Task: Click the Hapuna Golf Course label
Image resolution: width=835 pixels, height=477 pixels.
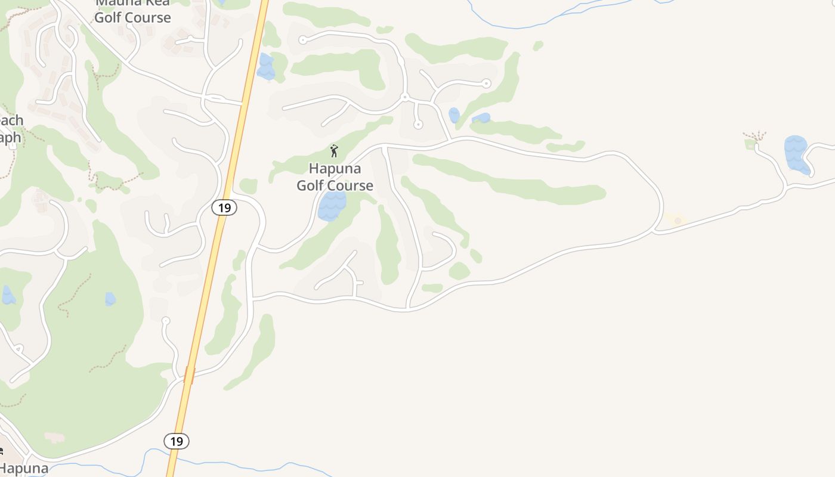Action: click(x=335, y=177)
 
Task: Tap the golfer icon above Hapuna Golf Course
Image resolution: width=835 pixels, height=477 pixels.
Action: click(x=334, y=151)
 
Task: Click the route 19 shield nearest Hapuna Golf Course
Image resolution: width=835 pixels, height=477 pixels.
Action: click(x=224, y=207)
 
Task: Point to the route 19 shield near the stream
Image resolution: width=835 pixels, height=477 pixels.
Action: click(x=177, y=441)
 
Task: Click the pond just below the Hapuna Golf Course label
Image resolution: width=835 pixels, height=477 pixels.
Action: click(x=332, y=206)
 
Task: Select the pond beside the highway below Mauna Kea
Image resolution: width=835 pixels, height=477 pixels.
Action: click(x=266, y=67)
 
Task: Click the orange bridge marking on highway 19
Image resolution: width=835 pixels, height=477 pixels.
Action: click(x=189, y=375)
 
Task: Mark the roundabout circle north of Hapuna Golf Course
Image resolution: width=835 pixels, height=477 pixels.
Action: click(x=404, y=97)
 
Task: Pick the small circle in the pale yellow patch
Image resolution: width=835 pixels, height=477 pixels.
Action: click(x=678, y=221)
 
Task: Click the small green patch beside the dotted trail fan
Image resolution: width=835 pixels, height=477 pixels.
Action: click(x=750, y=144)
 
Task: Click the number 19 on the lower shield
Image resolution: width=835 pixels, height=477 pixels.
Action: click(x=177, y=441)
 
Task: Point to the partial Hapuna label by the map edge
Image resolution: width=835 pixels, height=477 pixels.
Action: click(x=24, y=469)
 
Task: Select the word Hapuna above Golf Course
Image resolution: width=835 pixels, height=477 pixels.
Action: click(x=335, y=169)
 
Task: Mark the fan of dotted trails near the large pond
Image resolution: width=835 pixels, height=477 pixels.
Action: click(x=756, y=136)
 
